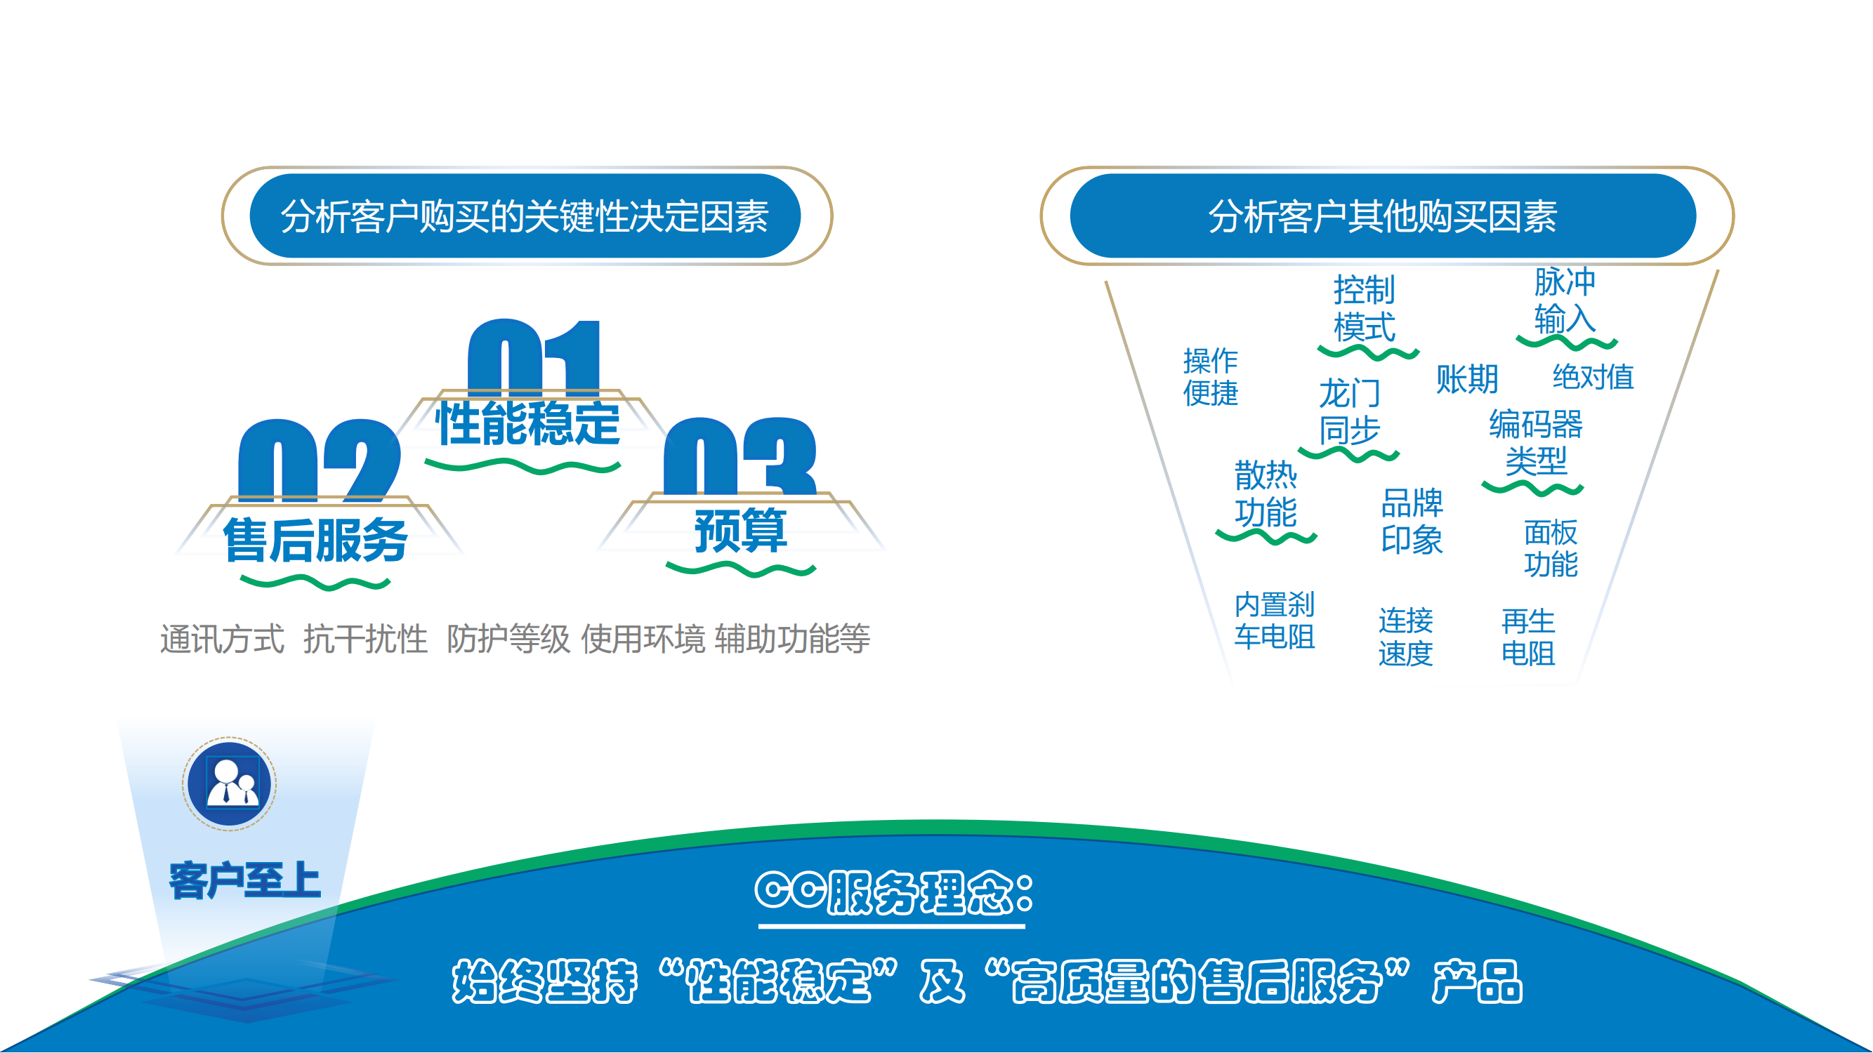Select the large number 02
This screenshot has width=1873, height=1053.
[x=320, y=461]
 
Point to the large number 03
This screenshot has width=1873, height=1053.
[x=740, y=456]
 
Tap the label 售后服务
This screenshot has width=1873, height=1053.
[x=315, y=540]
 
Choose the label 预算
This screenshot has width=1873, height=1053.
[x=741, y=530]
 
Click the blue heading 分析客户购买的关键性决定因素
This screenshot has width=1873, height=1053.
[x=525, y=216]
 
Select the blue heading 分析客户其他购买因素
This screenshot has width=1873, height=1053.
[x=1383, y=216]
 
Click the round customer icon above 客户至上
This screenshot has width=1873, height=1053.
[x=229, y=784]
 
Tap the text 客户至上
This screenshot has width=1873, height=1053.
[x=245, y=881]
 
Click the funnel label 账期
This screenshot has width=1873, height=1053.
[x=1467, y=378]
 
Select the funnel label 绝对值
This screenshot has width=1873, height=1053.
[x=1593, y=376]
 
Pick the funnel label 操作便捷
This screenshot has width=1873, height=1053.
[x=1211, y=376]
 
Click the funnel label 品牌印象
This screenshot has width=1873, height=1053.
[x=1412, y=521]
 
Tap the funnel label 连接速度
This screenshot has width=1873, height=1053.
[x=1405, y=637]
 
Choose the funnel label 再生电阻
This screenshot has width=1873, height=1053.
[x=1528, y=637]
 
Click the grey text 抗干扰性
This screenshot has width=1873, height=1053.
[x=365, y=639]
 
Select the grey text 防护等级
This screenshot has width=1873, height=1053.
[x=508, y=639]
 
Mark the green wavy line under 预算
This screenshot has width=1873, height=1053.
[x=741, y=569]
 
